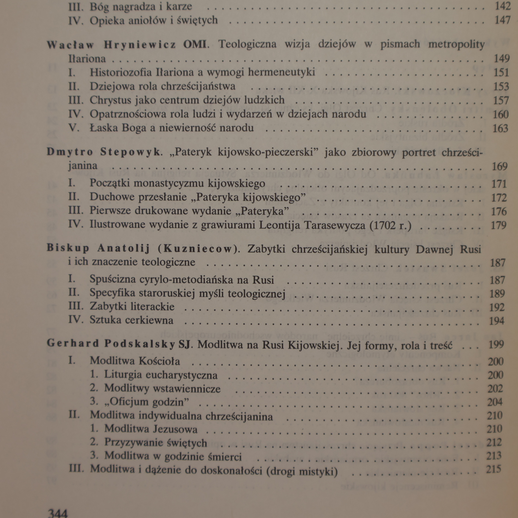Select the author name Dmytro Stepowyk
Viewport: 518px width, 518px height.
point(104,152)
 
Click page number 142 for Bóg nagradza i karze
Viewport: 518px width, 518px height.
point(502,6)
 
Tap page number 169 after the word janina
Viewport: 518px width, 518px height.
point(500,166)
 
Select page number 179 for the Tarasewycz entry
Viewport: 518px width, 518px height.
point(498,225)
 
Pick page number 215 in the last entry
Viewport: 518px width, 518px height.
point(493,469)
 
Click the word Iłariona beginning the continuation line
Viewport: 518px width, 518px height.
point(87,59)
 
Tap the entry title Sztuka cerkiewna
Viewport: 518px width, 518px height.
point(131,320)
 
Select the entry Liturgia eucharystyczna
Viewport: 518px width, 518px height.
point(161,375)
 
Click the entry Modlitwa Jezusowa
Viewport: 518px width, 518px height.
point(151,429)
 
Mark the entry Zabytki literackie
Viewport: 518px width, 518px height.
point(132,306)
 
